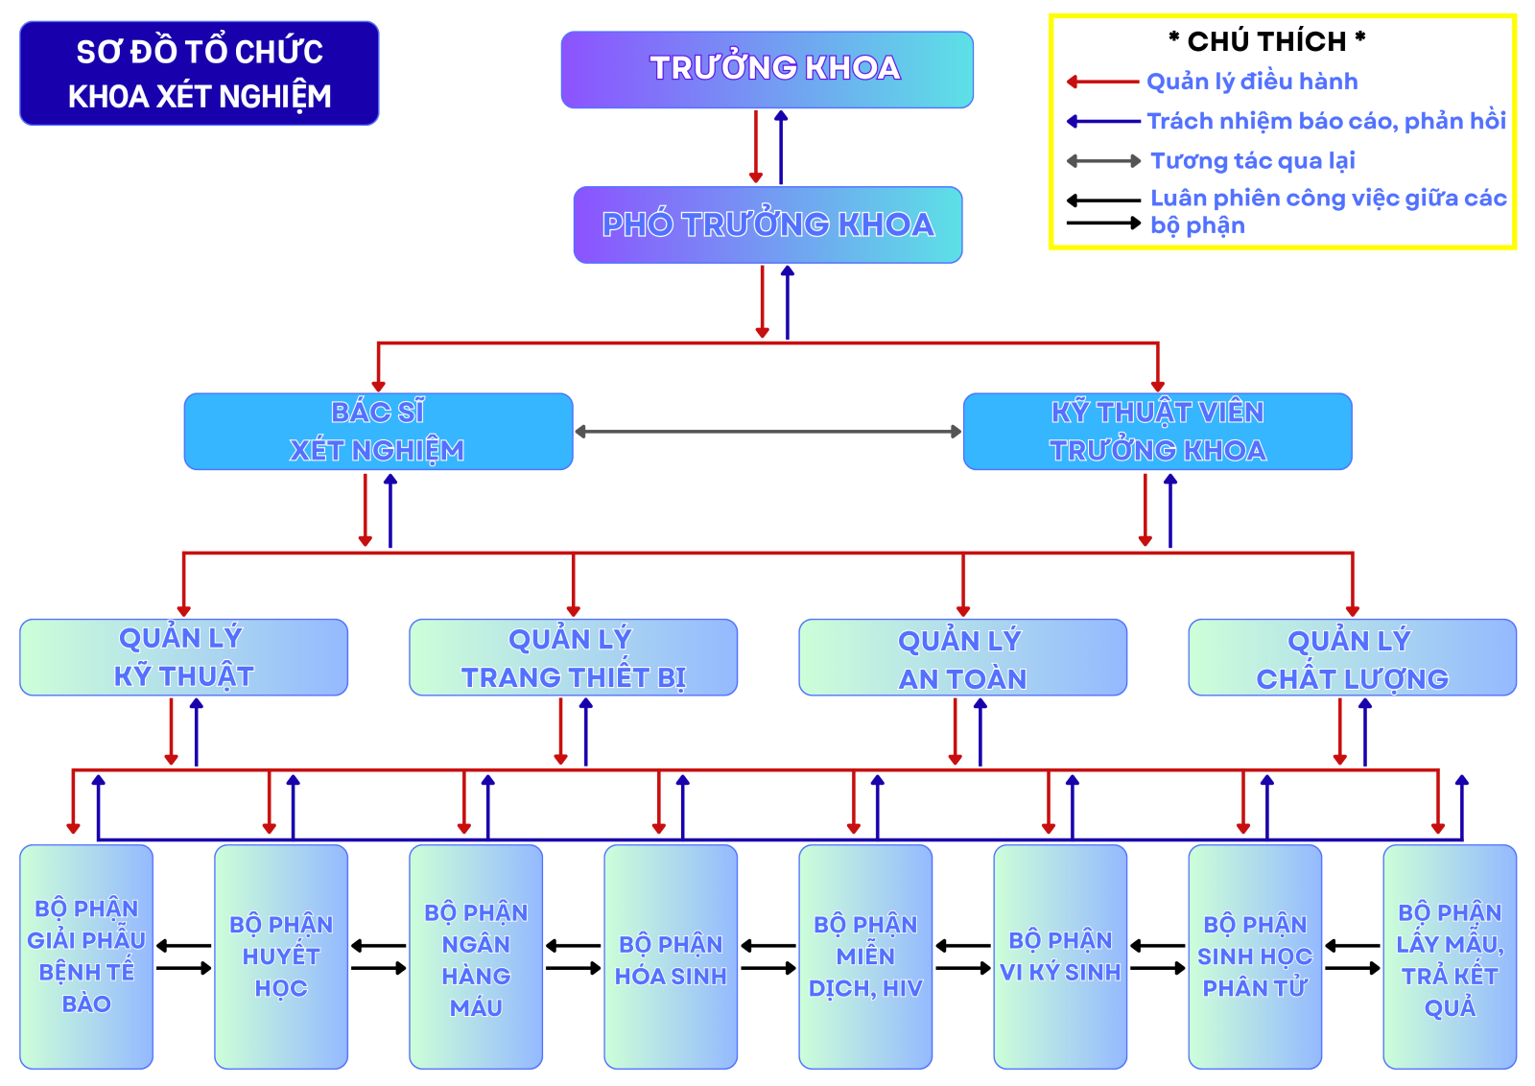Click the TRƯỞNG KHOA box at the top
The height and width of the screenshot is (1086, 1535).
click(767, 69)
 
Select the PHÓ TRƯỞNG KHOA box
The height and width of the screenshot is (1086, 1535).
click(767, 224)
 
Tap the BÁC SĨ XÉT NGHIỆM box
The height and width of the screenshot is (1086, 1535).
click(378, 432)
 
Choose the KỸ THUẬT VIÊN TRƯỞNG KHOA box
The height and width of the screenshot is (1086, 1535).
click(1157, 432)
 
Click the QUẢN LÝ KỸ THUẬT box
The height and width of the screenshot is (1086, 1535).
click(183, 657)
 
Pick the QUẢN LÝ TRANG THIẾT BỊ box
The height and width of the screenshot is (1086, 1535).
click(573, 657)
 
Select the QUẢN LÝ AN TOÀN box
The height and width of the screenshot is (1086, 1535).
click(962, 657)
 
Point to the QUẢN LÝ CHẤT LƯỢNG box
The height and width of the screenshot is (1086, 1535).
click(1352, 657)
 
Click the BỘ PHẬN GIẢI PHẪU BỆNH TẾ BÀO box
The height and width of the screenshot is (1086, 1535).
click(86, 956)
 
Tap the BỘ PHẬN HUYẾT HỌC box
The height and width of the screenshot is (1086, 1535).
click(281, 956)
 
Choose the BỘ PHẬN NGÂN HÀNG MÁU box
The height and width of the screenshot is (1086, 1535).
click(476, 956)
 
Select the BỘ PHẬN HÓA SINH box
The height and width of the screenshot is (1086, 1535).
click(671, 956)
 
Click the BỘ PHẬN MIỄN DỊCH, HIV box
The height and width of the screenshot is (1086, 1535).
click(865, 956)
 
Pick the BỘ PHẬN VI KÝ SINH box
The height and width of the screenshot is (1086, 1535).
click(1060, 956)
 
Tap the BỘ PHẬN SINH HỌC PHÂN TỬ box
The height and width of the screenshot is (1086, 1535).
click(1255, 956)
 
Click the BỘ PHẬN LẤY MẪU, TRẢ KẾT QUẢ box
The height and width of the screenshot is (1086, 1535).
click(1450, 956)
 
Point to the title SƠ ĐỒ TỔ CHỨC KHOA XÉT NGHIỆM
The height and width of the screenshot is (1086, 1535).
click(200, 74)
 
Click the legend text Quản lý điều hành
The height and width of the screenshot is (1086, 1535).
click(1252, 82)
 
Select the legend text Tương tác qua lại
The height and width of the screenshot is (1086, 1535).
click(1252, 160)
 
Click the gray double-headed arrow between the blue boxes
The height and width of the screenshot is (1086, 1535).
click(767, 432)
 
